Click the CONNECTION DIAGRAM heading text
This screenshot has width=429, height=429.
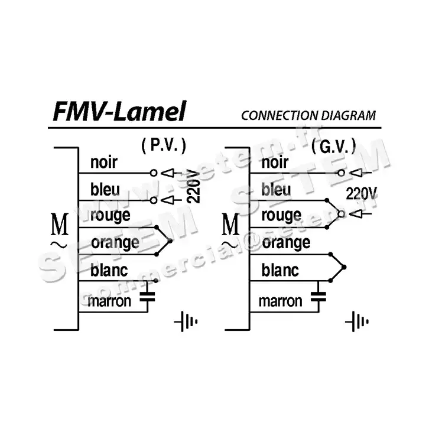pyautogui.click(x=308, y=115)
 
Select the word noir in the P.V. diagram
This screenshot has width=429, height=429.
pyautogui.click(x=104, y=162)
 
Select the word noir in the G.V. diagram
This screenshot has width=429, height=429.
pyautogui.click(x=275, y=162)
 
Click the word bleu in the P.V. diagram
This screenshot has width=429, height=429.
pyautogui.click(x=105, y=190)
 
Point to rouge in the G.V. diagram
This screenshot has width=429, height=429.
pyautogui.click(x=281, y=214)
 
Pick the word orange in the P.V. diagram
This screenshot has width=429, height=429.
pyautogui.click(x=115, y=242)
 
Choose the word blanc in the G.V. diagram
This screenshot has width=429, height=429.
pyautogui.click(x=280, y=270)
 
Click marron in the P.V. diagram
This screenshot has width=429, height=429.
pyautogui.click(x=109, y=302)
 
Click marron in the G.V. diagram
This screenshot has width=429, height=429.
pyautogui.click(x=280, y=301)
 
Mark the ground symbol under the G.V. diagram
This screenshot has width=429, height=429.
pyautogui.click(x=357, y=322)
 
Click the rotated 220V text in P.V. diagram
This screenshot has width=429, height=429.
pyautogui.click(x=192, y=186)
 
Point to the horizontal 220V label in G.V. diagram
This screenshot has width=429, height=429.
pyautogui.click(x=362, y=193)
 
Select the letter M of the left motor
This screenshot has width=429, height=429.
pyautogui.click(x=60, y=226)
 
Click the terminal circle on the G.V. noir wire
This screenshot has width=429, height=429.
pyautogui.click(x=340, y=173)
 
